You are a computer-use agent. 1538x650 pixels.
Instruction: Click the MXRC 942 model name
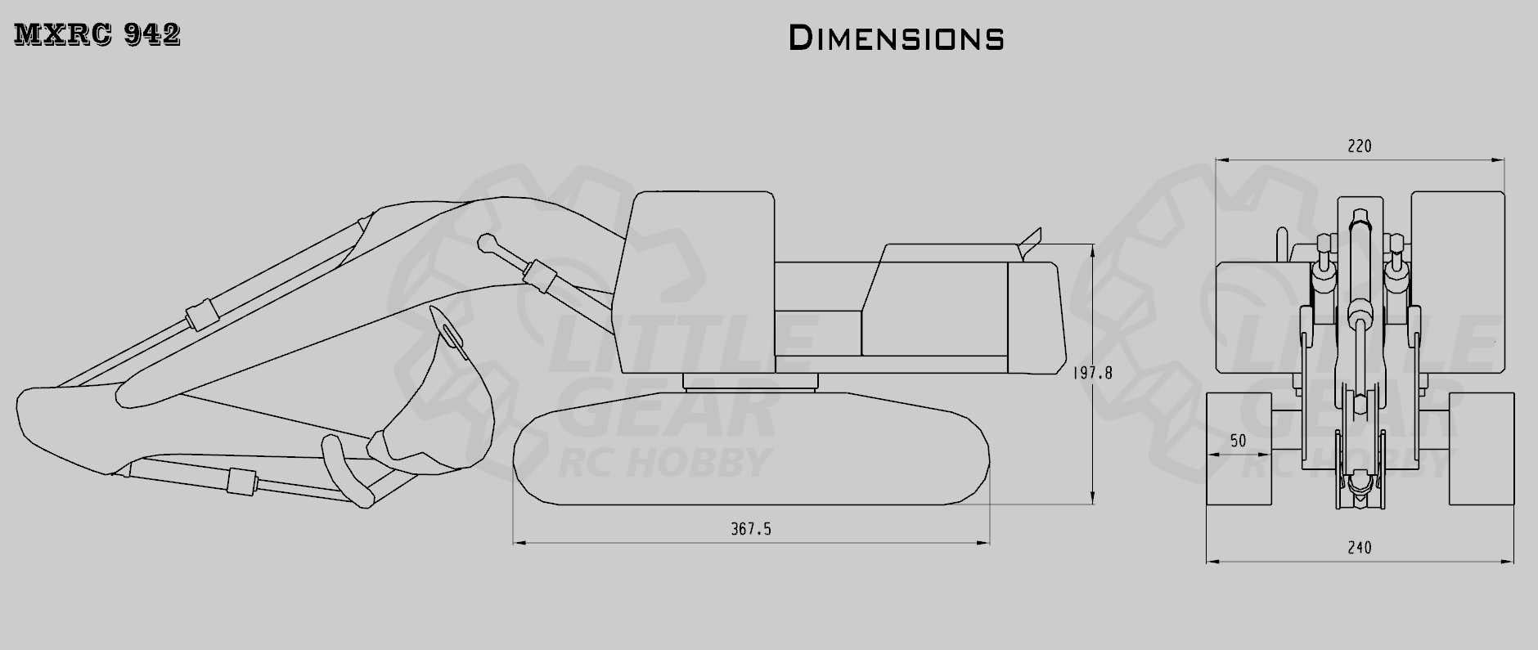point(97,34)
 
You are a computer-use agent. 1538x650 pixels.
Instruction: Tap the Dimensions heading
point(897,38)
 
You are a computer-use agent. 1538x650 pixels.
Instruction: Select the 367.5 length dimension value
point(751,530)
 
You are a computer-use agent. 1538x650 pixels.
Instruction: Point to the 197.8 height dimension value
point(1092,373)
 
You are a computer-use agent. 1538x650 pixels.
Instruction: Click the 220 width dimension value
point(1360,146)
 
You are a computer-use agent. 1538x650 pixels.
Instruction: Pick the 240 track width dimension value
point(1360,548)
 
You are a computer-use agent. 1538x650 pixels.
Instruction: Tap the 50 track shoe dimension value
point(1239,442)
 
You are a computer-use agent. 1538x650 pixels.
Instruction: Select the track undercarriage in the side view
point(751,448)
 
